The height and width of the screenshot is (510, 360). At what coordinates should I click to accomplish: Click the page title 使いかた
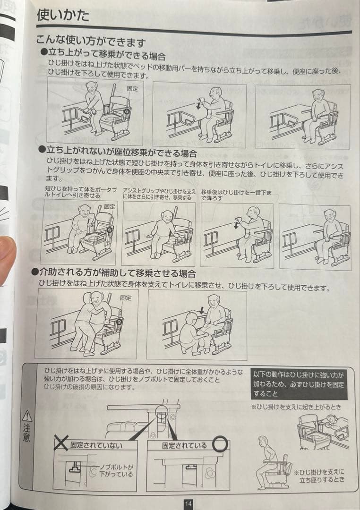(63, 15)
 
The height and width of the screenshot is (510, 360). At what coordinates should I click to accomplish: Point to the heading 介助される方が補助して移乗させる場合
(113, 273)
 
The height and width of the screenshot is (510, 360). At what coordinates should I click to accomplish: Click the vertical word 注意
(27, 433)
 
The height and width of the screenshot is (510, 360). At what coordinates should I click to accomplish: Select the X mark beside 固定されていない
(61, 443)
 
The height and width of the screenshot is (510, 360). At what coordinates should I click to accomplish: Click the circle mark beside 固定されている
(219, 444)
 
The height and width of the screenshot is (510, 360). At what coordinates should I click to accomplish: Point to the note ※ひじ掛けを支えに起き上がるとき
(296, 407)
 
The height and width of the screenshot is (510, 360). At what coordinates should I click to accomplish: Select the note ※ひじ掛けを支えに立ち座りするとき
(319, 475)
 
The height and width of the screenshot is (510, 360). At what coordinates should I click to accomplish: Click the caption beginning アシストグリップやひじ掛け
(159, 194)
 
